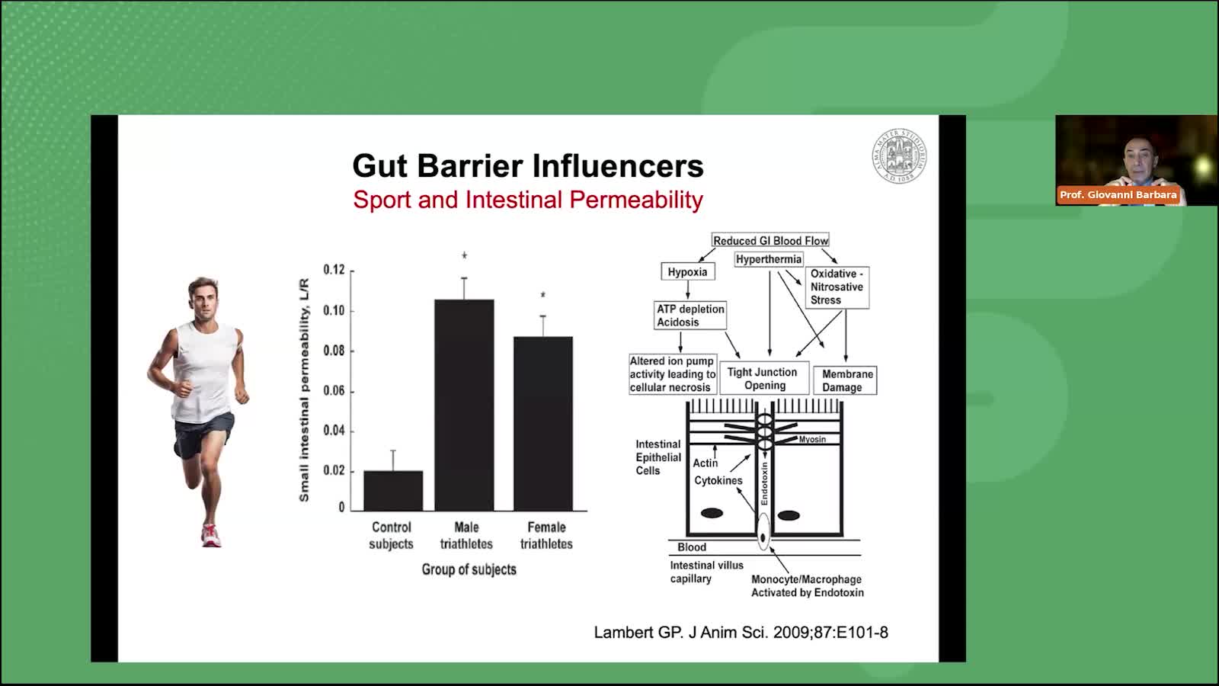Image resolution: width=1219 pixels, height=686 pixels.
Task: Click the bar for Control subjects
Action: pos(393,491)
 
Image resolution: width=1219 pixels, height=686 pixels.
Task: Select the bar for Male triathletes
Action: pos(464,405)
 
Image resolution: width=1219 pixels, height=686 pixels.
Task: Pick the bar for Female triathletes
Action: pos(543,424)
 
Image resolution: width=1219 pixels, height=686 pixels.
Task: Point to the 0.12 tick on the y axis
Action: pos(351,271)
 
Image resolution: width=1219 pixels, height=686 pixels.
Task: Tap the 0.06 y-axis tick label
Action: pos(334,391)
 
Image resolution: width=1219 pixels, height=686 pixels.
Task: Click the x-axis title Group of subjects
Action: pos(469,569)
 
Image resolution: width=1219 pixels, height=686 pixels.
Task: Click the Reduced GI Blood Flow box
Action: pos(770,240)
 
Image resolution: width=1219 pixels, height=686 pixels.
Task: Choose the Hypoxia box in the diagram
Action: pos(688,271)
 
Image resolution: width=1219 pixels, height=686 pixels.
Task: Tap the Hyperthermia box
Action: pos(769,259)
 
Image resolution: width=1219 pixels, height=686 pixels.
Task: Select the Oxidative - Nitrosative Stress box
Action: pos(837,287)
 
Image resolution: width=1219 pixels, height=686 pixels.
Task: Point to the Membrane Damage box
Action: pos(845,380)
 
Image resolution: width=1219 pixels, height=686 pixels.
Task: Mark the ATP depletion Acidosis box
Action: pos(690,316)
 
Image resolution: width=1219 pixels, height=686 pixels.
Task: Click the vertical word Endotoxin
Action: pos(765,483)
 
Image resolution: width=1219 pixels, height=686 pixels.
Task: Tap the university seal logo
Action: pos(900,156)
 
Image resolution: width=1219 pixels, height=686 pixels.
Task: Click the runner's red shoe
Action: pos(211,535)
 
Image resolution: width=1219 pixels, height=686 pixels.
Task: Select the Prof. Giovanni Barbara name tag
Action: pos(1118,195)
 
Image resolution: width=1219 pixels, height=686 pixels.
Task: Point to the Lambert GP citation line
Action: pos(741,632)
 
